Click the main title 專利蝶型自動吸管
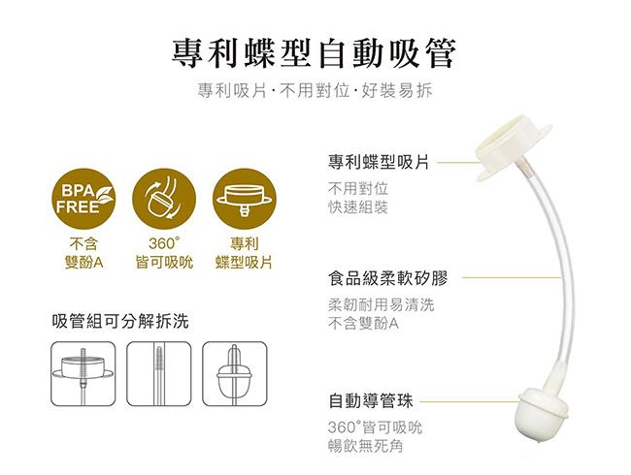[x=314, y=53]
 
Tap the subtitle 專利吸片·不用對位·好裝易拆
[x=315, y=90]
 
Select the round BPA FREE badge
[x=83, y=199]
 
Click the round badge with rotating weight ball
[x=164, y=199]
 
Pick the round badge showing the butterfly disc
[x=245, y=199]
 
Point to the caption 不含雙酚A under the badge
[x=83, y=253]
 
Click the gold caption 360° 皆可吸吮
[x=164, y=253]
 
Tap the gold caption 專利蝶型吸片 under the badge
[x=244, y=253]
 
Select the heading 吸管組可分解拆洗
[x=120, y=321]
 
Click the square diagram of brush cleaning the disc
[x=83, y=374]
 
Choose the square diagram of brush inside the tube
[x=159, y=374]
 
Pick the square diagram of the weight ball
[x=235, y=374]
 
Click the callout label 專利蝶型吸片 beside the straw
[x=379, y=162]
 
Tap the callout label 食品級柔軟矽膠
[x=388, y=278]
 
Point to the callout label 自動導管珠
[x=371, y=400]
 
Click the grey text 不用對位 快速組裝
[x=358, y=198]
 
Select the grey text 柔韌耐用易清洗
[x=382, y=304]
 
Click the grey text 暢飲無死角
[x=365, y=446]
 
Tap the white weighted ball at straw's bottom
[x=542, y=415]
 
